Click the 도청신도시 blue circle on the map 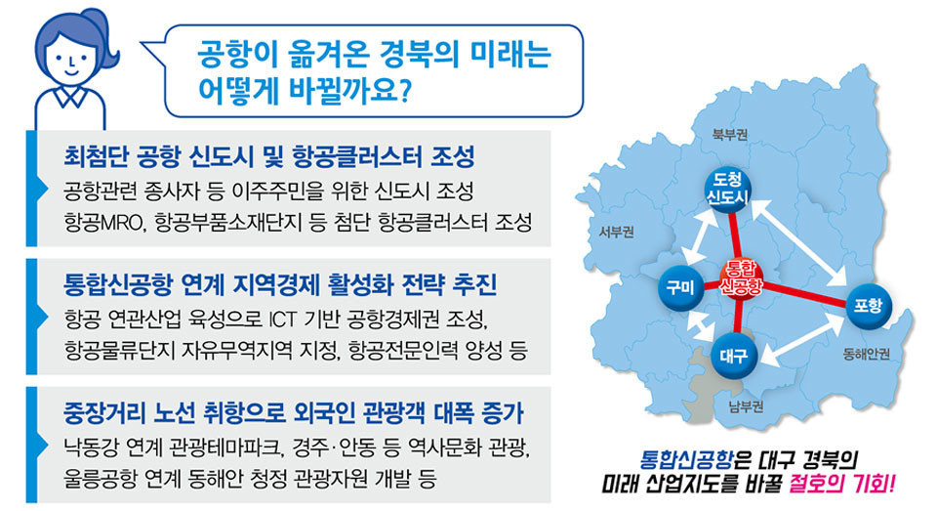click(727, 189)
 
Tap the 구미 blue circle click(680, 288)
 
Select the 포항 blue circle click(869, 305)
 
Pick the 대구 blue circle click(734, 356)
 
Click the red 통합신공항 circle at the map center click(741, 278)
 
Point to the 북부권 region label click(730, 134)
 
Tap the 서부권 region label click(616, 232)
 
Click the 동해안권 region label click(867, 355)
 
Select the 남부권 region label click(747, 406)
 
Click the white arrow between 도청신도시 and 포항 click(798, 243)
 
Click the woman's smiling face click(71, 60)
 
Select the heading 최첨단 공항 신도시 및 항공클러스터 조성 click(269, 156)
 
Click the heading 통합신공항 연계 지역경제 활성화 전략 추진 click(280, 285)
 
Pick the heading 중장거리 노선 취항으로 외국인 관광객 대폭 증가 click(294, 413)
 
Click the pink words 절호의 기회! click(842, 483)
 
